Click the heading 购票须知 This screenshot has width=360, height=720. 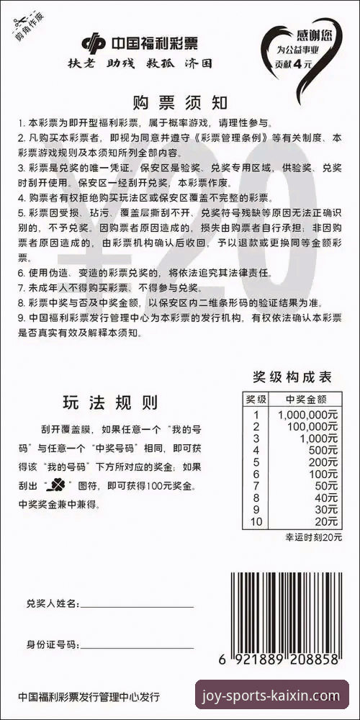(x=180, y=102)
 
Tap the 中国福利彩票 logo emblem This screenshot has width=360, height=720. (x=94, y=43)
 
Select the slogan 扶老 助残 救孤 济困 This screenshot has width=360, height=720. (x=145, y=63)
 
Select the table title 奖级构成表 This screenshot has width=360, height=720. (x=291, y=377)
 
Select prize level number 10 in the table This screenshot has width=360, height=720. (x=256, y=521)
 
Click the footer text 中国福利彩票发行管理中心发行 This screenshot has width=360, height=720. (x=89, y=697)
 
